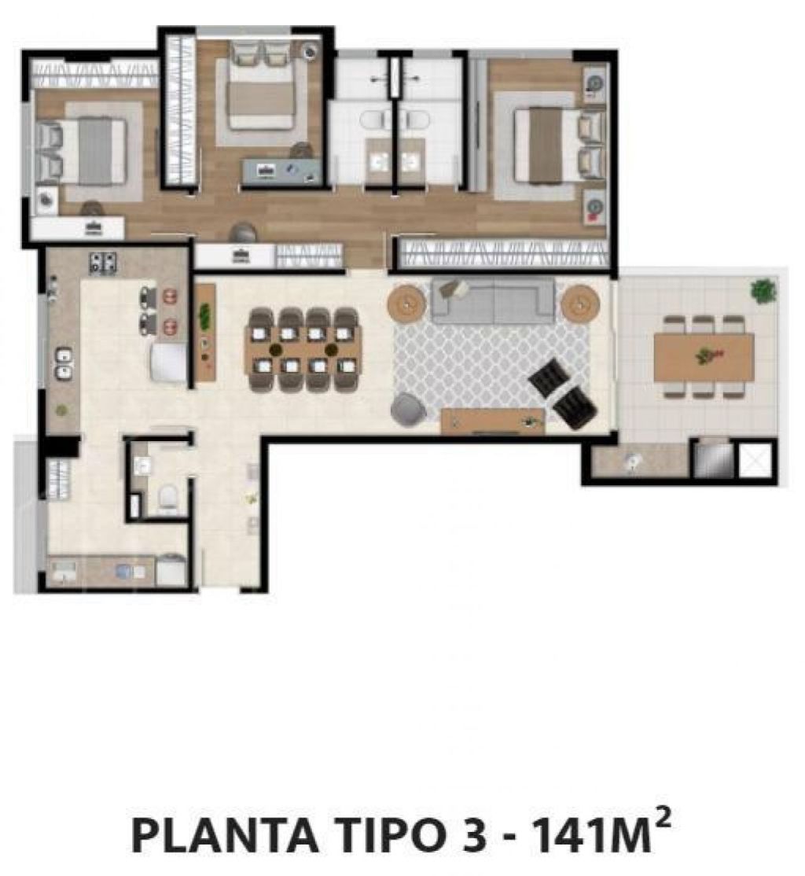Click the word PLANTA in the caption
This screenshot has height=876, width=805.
pyautogui.click(x=224, y=835)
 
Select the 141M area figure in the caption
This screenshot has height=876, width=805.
pyautogui.click(x=592, y=835)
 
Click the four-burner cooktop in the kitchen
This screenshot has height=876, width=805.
pyautogui.click(x=103, y=263)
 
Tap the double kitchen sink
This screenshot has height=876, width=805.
pyautogui.click(x=63, y=364)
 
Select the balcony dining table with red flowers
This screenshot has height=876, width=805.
pyautogui.click(x=704, y=357)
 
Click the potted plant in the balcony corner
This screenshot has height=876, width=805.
pyautogui.click(x=763, y=291)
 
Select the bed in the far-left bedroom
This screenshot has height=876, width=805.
pyautogui.click(x=81, y=152)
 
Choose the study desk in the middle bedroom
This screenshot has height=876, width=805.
pyautogui.click(x=281, y=170)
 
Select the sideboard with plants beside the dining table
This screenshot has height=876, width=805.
pyautogui.click(x=206, y=333)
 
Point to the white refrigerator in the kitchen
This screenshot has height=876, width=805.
pyautogui.click(x=168, y=363)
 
